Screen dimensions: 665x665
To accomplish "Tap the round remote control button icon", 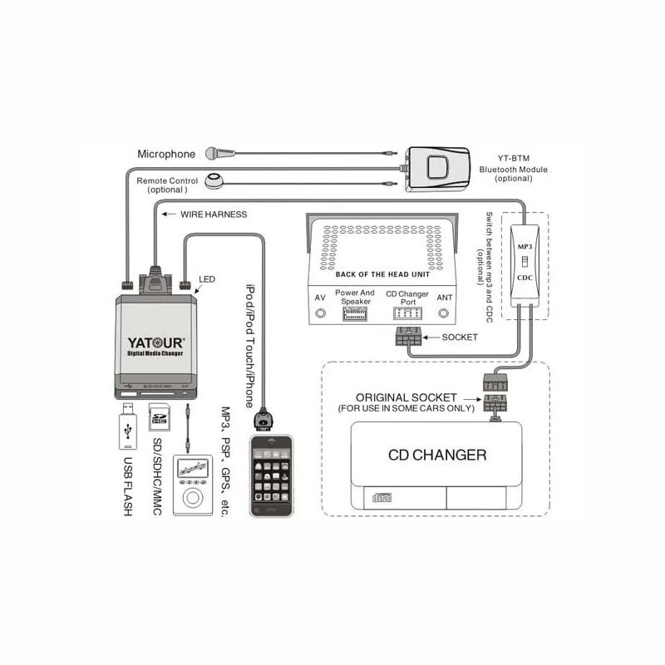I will (216, 180).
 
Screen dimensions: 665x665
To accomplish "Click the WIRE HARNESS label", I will (214, 214).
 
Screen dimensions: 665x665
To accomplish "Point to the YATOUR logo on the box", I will (156, 340).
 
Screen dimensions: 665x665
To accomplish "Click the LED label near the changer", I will (207, 279).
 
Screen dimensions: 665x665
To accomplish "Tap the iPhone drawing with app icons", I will (271, 475).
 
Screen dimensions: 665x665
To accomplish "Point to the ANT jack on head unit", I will (445, 313).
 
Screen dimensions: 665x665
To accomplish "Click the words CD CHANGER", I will (437, 455).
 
